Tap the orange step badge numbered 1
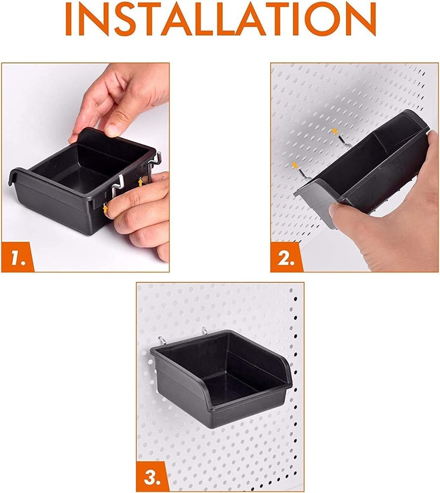click(16, 257)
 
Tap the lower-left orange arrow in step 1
click(105, 209)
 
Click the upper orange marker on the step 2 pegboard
click(335, 131)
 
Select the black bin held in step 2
click(375, 168)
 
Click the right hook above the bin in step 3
click(204, 331)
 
